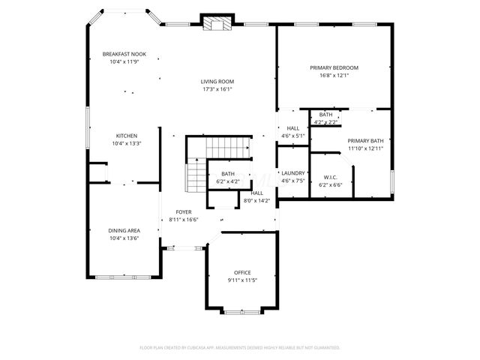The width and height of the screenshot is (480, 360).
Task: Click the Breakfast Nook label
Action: pyautogui.click(x=124, y=54)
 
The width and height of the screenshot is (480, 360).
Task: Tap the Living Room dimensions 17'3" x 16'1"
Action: pyautogui.click(x=217, y=89)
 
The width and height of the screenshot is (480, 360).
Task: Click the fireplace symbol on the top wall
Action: pyautogui.click(x=217, y=23)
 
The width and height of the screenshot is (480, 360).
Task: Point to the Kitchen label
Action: pyautogui.click(x=126, y=136)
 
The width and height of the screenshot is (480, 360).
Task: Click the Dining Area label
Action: pyautogui.click(x=124, y=230)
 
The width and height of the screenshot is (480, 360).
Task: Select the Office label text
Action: pyautogui.click(x=241, y=272)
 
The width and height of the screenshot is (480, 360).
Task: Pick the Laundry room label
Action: pyautogui.click(x=292, y=172)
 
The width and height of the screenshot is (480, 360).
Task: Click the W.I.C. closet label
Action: pyautogui.click(x=330, y=177)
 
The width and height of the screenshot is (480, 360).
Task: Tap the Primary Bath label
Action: pyautogui.click(x=365, y=141)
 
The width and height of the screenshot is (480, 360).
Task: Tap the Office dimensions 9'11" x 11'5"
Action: pyautogui.click(x=242, y=280)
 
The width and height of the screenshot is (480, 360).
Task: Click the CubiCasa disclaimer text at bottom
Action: pyautogui.click(x=240, y=347)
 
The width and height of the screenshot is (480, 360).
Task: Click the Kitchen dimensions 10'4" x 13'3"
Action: pyautogui.click(x=126, y=143)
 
